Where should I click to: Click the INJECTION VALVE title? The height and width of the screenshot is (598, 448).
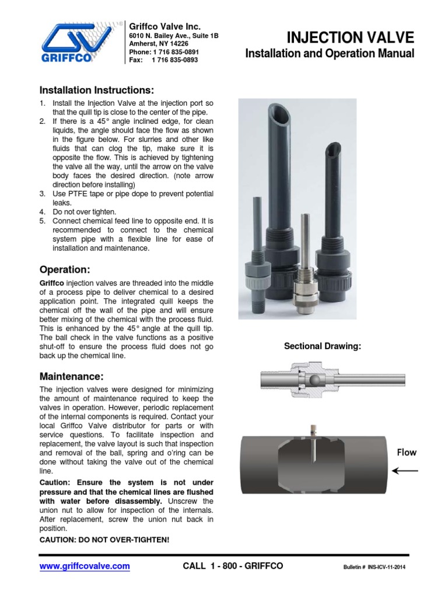click(x=351, y=38)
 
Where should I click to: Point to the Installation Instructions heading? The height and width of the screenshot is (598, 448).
click(x=97, y=91)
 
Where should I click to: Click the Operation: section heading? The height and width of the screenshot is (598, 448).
click(x=65, y=270)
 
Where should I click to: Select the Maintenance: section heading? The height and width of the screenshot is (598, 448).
click(x=71, y=376)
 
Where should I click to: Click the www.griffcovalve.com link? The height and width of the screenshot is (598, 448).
click(x=85, y=566)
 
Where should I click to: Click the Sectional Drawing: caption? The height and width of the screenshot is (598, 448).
click(x=323, y=346)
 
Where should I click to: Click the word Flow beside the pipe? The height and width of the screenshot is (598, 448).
click(x=407, y=452)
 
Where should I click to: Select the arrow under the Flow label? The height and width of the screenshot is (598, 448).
click(x=405, y=470)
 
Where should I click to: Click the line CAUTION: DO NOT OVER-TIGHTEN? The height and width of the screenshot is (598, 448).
click(x=104, y=540)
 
